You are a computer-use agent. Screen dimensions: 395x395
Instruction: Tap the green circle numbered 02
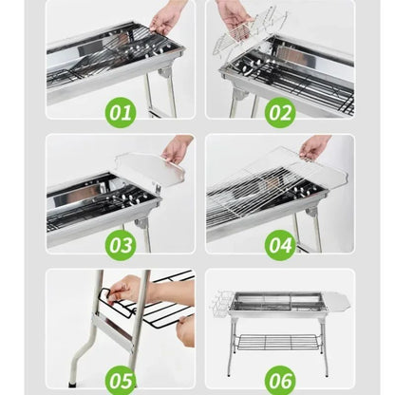[x=280, y=113]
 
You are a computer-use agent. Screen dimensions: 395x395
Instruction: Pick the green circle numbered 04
[x=280, y=245]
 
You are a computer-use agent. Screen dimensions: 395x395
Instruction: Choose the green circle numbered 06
[x=280, y=379]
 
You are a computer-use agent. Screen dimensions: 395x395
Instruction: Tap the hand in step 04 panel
[x=313, y=146]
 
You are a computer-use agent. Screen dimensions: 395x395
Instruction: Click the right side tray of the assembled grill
[x=337, y=302]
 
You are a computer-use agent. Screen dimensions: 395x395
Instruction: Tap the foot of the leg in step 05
[x=72, y=382]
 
